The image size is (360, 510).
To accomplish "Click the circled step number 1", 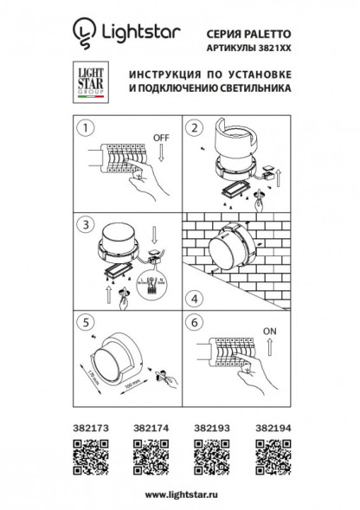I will [x=86, y=127].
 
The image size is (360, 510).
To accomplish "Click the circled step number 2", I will [x=196, y=127].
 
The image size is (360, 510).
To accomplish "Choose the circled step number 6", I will [x=196, y=320].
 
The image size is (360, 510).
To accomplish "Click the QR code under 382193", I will [x=209, y=455].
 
